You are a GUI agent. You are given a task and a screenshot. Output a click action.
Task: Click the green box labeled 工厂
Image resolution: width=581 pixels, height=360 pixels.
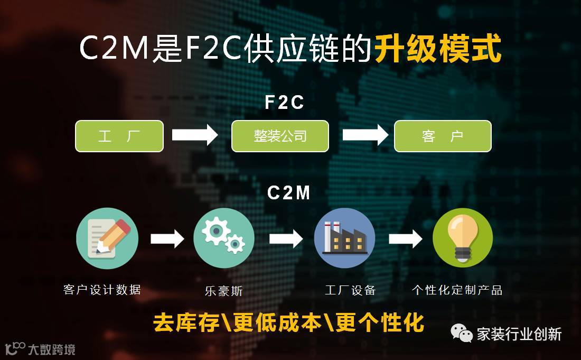119,136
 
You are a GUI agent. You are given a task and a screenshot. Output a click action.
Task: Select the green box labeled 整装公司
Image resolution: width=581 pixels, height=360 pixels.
280,136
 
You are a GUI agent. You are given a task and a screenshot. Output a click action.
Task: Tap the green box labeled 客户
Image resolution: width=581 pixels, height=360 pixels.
443,136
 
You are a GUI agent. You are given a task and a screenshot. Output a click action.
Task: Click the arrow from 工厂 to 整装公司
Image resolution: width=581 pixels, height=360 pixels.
194,135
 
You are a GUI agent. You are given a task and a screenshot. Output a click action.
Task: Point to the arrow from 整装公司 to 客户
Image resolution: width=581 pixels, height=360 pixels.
365,135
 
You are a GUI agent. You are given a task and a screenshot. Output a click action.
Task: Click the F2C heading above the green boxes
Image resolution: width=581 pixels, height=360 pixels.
285,103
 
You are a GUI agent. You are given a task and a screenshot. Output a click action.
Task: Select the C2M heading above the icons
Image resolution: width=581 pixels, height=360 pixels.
289,193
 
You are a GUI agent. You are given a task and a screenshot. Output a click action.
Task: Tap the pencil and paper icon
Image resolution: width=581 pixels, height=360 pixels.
107,238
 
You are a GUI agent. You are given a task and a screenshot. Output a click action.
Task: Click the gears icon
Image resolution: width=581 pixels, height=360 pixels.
223,238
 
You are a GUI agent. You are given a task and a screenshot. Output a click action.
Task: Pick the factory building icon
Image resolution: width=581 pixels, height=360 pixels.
344,238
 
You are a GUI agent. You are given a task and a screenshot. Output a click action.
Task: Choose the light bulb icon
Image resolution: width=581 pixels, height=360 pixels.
462,238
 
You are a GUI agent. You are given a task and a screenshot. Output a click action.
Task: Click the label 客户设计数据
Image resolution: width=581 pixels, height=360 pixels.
102,290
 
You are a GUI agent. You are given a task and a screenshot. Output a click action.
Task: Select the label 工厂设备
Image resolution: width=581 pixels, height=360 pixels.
350,290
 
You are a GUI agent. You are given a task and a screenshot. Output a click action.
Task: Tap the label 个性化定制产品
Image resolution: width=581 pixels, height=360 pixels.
457,290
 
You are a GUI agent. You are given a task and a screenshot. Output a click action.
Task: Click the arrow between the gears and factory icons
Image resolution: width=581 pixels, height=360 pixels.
286,239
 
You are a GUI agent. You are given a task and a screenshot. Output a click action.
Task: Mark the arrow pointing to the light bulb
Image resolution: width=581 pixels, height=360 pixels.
405,239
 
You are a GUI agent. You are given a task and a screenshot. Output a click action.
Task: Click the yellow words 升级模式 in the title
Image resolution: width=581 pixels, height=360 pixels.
438,50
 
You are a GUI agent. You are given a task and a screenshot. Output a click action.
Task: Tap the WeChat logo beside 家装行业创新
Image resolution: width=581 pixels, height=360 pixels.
461,333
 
